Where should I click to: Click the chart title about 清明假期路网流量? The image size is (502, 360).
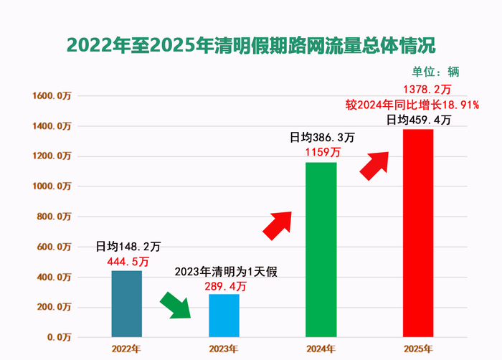(x=250, y=44)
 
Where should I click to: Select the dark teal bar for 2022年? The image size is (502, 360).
(x=127, y=303)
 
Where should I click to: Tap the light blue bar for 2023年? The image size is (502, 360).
(x=224, y=316)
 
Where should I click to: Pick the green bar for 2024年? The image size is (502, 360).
(x=321, y=250)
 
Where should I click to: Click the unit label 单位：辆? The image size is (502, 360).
(x=435, y=71)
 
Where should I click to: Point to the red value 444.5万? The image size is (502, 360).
(x=127, y=262)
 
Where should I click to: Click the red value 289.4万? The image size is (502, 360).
(x=224, y=285)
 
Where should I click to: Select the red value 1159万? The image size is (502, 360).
(x=321, y=152)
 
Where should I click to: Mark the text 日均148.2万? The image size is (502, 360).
(x=126, y=247)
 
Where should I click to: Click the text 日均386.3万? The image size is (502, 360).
(x=321, y=137)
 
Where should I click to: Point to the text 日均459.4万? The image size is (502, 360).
(x=419, y=120)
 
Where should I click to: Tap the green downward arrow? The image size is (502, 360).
(x=175, y=304)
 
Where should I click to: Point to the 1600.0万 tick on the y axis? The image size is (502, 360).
(x=55, y=96)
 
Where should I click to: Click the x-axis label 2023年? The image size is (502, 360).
(x=224, y=349)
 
